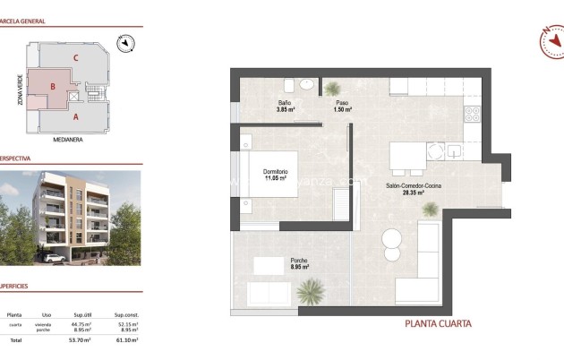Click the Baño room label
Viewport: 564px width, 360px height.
283,103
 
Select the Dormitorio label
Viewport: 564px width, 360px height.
275,171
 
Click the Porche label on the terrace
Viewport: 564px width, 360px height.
300,261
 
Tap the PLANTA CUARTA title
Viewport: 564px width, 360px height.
439,324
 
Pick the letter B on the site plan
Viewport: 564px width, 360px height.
54,87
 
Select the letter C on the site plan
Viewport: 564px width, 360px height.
77,58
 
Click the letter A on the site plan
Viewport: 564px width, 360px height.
76,116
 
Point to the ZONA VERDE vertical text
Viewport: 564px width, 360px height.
19,90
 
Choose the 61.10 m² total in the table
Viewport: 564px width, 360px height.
126,340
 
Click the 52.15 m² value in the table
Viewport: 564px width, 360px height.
126,324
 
